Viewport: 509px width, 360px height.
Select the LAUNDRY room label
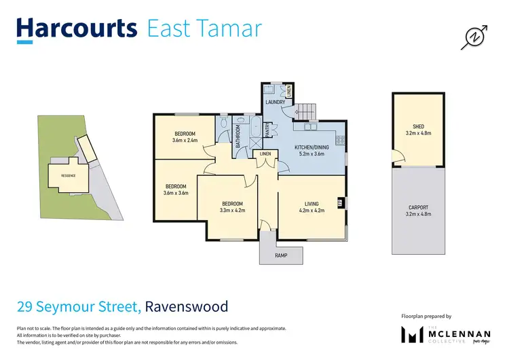[275, 103]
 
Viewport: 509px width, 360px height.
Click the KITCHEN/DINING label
[312, 147]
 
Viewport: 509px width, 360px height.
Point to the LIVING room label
[312, 203]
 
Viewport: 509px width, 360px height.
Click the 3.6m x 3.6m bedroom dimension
[176, 193]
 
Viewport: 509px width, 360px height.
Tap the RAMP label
[281, 255]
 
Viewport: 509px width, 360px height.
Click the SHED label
[418, 126]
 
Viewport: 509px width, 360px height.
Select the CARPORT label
[418, 207]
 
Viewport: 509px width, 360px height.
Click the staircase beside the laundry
[308, 111]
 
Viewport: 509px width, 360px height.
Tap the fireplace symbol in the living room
[340, 202]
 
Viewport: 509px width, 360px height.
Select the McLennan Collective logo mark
[412, 335]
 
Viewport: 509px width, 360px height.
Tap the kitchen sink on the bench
[312, 127]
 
